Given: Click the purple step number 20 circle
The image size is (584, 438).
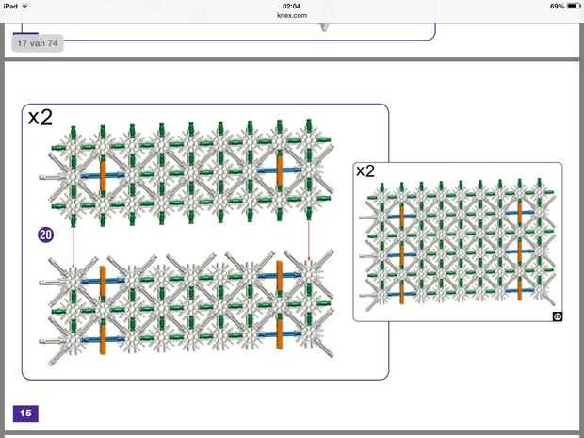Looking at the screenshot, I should point(45,235).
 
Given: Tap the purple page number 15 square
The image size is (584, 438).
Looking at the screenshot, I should point(24,413).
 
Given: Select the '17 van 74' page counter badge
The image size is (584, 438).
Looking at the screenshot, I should point(38,43).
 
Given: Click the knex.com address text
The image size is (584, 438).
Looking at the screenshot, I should point(292,15).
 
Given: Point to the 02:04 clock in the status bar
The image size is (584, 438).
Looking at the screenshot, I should point(292,6).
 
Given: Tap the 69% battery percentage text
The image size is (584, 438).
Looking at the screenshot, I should point(558,6).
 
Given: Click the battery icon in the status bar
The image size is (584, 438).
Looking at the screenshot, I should point(574,6).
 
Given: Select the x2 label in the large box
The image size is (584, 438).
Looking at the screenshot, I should point(41,118).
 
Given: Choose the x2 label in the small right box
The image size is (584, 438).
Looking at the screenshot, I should point(365,170).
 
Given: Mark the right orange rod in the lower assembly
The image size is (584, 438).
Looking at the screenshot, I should point(279,300).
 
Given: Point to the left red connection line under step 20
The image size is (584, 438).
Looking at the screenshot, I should point(73,247).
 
